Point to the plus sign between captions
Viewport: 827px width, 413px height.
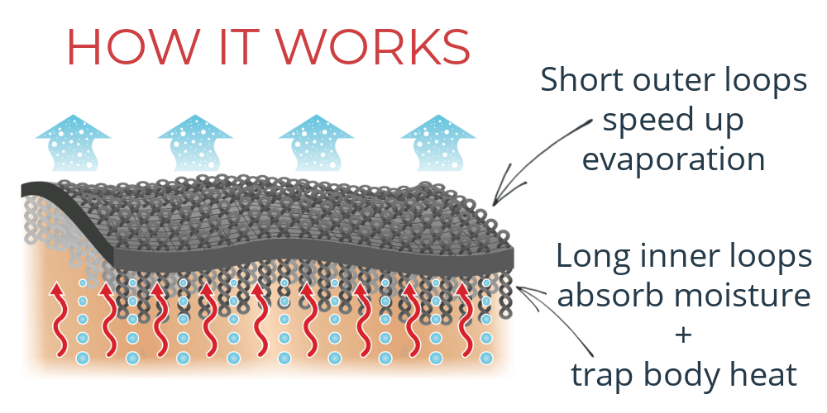684,335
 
